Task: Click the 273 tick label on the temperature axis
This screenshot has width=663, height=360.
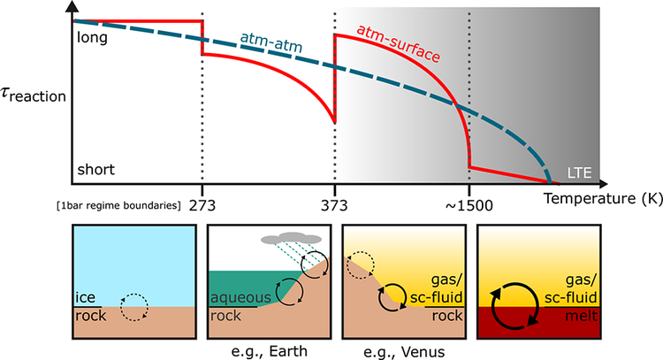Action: [x=202, y=205]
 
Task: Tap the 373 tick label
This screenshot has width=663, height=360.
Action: [x=335, y=205]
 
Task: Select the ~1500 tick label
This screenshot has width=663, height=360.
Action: [x=468, y=205]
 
